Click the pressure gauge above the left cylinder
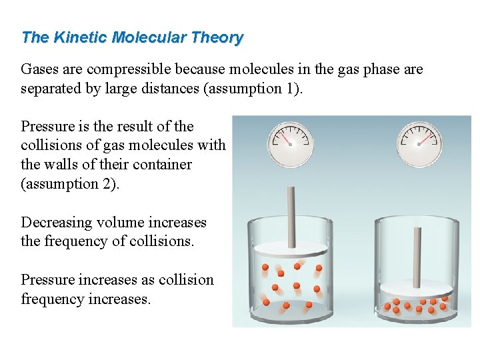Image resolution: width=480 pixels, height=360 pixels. click(x=290, y=143)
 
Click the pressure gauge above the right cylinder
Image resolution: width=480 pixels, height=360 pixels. click(x=419, y=143)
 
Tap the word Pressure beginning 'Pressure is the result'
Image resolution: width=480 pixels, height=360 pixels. click(x=47, y=126)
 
